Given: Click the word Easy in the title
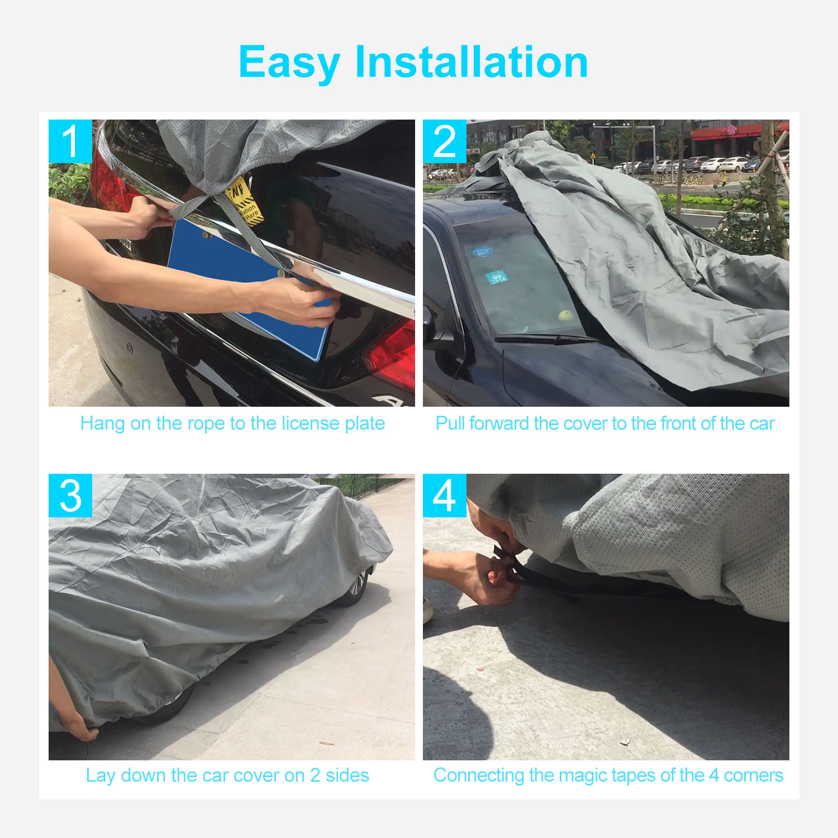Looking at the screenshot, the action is point(289,63).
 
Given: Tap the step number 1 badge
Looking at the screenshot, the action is point(70,141).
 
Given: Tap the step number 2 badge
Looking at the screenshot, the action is point(445,141).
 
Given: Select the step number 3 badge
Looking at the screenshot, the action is point(70,496).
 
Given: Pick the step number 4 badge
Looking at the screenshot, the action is point(445,496).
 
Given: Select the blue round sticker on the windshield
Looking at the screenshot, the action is point(482,252).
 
